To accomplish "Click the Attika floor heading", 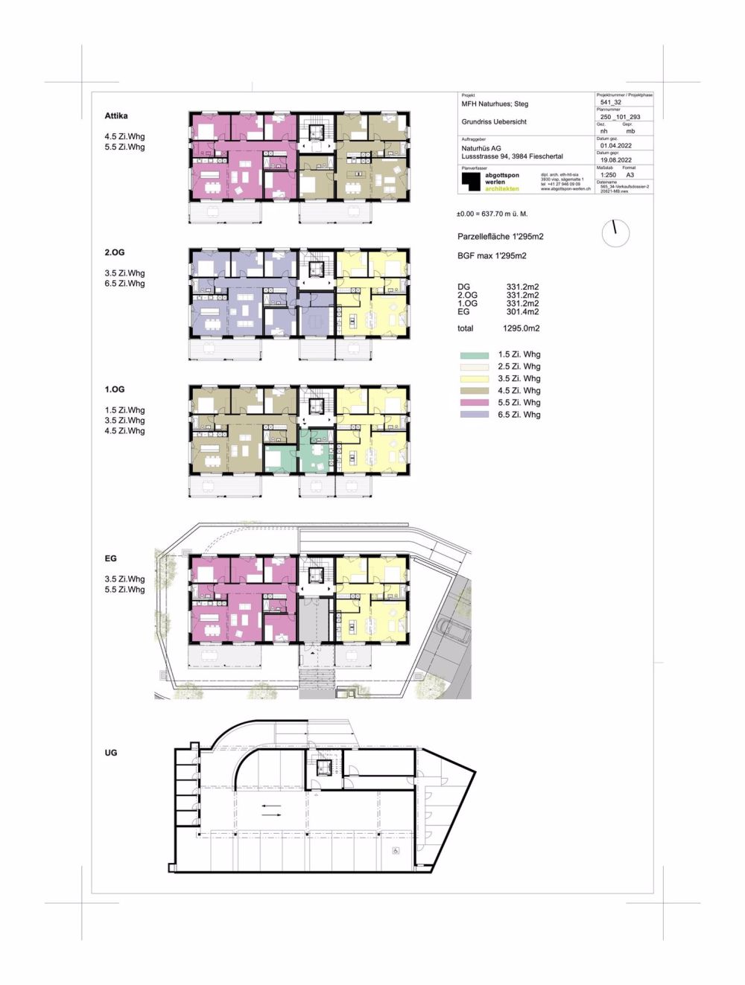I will tap(116, 116).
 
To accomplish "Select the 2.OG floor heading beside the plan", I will tap(115, 253).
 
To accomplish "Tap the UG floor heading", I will tap(111, 753).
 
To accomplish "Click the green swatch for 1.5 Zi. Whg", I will tap(475, 355).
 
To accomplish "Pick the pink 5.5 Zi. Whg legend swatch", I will tap(475, 403).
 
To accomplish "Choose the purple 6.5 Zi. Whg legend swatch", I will tap(475, 415).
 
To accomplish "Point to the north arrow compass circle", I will tap(615, 234).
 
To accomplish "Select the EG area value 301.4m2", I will tap(522, 312).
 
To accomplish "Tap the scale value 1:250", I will tap(608, 175).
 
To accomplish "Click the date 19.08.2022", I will tap(615, 160).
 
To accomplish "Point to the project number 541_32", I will tap(610, 103).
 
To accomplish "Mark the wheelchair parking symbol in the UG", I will tap(396, 850).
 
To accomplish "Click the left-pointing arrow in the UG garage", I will tap(271, 806).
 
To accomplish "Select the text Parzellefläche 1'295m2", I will tap(500, 237).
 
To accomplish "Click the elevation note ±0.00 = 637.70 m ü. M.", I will tap(492, 214).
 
